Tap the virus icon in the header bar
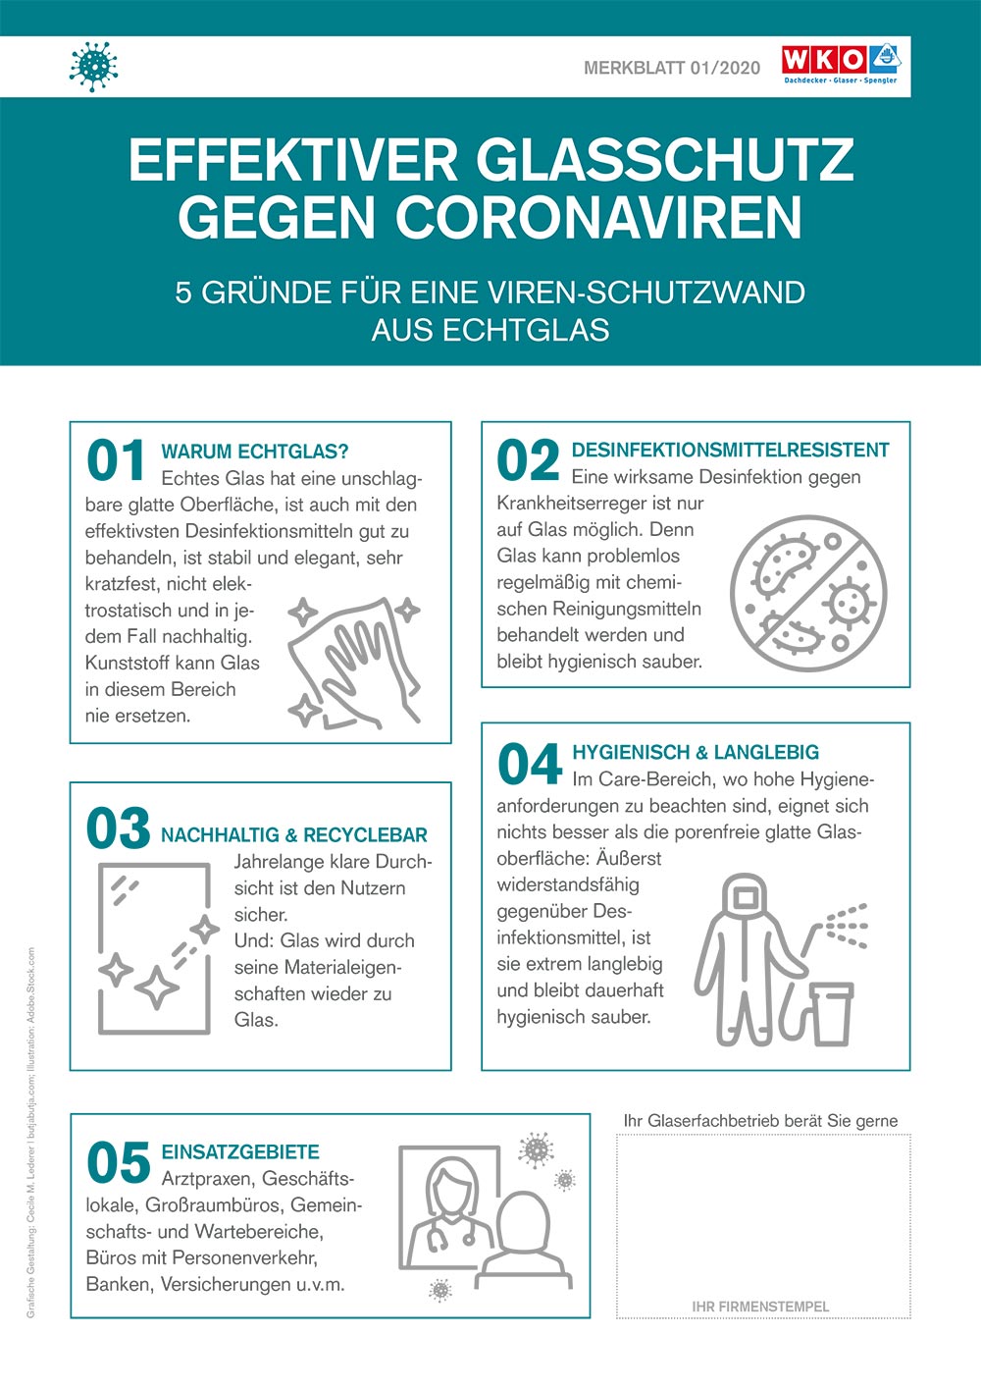pyautogui.click(x=94, y=66)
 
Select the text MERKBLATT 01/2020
pyautogui.click(x=672, y=68)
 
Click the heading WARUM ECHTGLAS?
pyautogui.click(x=254, y=452)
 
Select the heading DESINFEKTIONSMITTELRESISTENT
pyautogui.click(x=730, y=451)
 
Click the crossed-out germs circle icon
pyautogui.click(x=808, y=593)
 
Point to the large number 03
pyautogui.click(x=118, y=829)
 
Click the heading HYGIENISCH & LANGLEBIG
pyautogui.click(x=696, y=753)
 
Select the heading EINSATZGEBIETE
pyautogui.click(x=240, y=1152)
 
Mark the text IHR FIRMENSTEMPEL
pyautogui.click(x=760, y=1307)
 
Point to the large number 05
pyautogui.click(x=118, y=1164)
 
